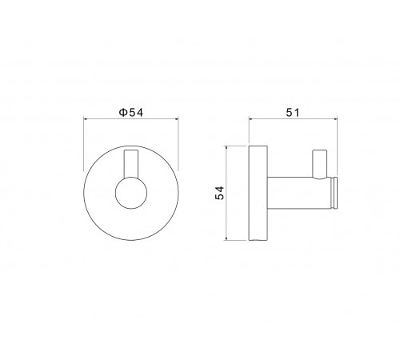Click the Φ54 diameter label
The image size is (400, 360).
click(131, 113)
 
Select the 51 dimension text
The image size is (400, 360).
click(293, 113)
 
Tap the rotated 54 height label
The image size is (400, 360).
click(220, 193)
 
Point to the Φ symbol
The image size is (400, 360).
click(123, 113)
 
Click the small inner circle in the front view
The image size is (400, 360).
click(131, 193)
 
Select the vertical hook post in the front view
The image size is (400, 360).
click(131, 164)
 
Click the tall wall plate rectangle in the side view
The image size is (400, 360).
click(258, 193)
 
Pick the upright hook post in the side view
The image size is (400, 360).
click(320, 165)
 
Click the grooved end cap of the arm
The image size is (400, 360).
click(334, 193)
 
